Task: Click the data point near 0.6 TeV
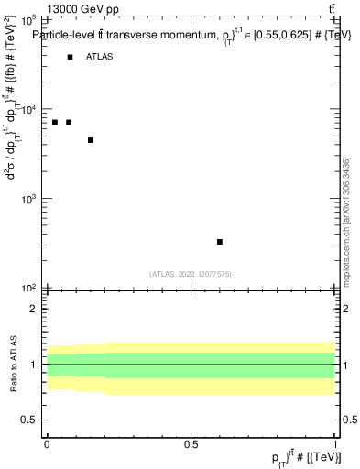pos(220,242)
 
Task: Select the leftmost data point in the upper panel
pos(55,122)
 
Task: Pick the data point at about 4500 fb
pos(91,140)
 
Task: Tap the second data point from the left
pos(69,122)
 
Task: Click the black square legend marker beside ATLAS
pos(70,57)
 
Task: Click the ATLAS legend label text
pos(100,57)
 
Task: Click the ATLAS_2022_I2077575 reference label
pos(191,273)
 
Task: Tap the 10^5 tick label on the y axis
pos(27,19)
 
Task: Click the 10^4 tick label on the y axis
pos(27,109)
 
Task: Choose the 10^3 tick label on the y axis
pos(27,199)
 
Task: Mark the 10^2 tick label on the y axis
pos(27,288)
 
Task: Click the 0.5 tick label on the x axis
pos(191,444)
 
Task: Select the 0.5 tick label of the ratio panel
pos(29,420)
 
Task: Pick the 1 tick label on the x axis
pos(334,444)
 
